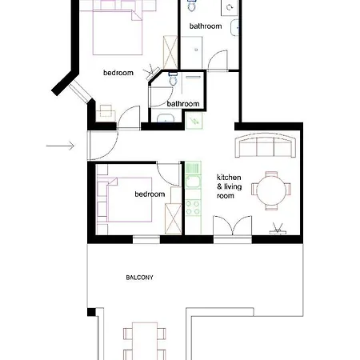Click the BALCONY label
pyautogui.click(x=139, y=278)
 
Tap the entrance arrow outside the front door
pyautogui.click(x=60, y=146)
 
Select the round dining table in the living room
pyautogui.click(x=271, y=190)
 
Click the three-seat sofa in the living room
pyautogui.click(x=266, y=146)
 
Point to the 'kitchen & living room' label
pyautogui.click(x=229, y=186)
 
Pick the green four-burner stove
pyautogui.click(x=193, y=208)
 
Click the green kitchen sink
pyautogui.click(x=193, y=175)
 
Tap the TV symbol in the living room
pyautogui.click(x=278, y=229)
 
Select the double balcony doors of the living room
pyautogui.click(x=232, y=226)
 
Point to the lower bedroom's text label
pyautogui.click(x=150, y=194)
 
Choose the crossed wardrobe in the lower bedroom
pyautogui.click(x=174, y=219)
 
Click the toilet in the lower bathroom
pyautogui.click(x=173, y=78)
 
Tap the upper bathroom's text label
pyautogui.click(x=206, y=26)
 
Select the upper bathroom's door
pyautogui.click(x=218, y=61)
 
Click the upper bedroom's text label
pyautogui.click(x=118, y=73)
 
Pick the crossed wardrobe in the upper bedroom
pyautogui.click(x=170, y=52)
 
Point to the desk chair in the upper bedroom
pyautogui.click(x=106, y=110)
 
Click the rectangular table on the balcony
pyautogui.click(x=145, y=341)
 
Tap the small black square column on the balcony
pyautogui.click(x=91, y=312)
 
